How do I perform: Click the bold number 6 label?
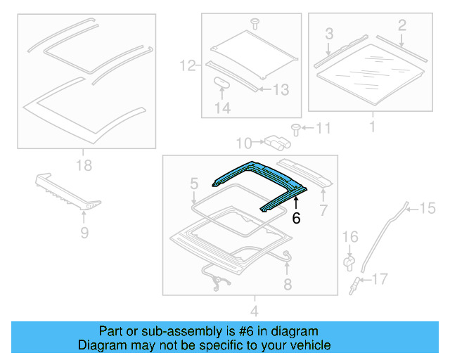click(296, 219)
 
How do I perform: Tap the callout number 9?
click(84, 232)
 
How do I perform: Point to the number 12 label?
click(187, 67)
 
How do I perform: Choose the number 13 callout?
click(281, 89)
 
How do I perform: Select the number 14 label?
click(222, 108)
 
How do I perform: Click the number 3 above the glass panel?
click(328, 33)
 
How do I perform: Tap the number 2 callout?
click(402, 26)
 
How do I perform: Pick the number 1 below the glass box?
click(372, 127)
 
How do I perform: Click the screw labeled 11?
click(295, 128)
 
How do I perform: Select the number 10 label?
click(243, 143)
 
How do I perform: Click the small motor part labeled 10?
click(277, 143)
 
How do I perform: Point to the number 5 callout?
click(194, 184)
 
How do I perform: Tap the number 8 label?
click(287, 284)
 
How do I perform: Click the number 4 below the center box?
click(255, 311)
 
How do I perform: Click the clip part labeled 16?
click(348, 262)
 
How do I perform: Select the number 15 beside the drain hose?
click(427, 207)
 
